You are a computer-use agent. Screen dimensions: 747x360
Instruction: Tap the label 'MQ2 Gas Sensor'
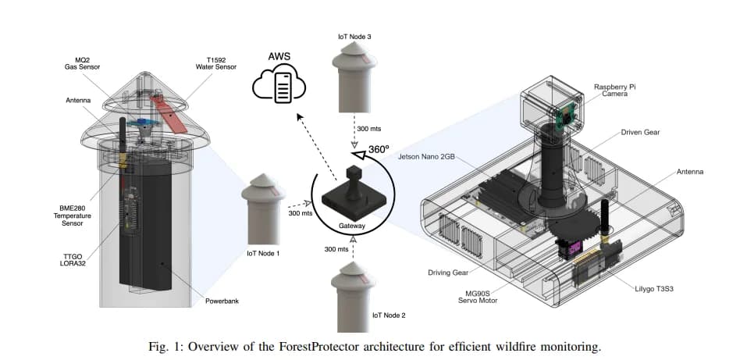[x=83, y=64]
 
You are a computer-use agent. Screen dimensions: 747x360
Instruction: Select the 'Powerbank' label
[x=222, y=301]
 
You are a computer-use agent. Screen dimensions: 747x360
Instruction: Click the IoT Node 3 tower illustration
[x=354, y=77]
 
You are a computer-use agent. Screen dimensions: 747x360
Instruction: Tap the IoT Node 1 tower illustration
[x=263, y=209]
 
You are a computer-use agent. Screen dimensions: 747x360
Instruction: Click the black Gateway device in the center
[x=353, y=192]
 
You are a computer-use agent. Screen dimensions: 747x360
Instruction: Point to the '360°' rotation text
[x=379, y=149]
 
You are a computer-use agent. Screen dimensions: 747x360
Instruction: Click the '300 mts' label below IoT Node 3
[x=369, y=128]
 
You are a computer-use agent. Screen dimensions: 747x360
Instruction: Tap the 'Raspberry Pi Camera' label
[x=614, y=91]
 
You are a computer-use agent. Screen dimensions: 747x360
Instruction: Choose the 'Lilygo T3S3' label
[x=653, y=288]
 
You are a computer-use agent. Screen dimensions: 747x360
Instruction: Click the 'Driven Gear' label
[x=640, y=132]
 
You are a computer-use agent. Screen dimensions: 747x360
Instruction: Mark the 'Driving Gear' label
[x=447, y=273]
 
